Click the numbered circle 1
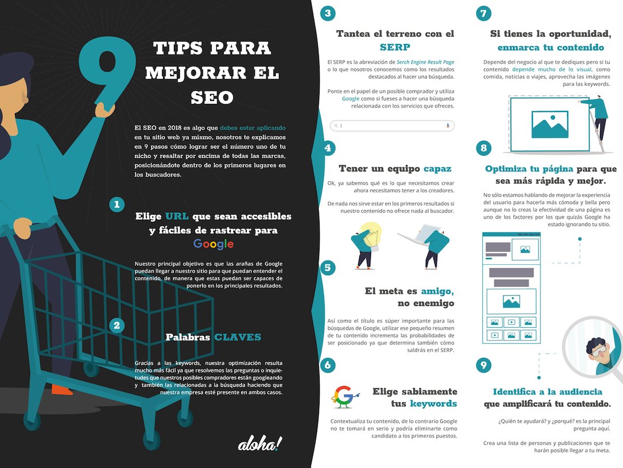(x=117, y=204)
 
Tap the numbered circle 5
(x=328, y=268)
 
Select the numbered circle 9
(x=483, y=365)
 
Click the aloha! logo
(x=260, y=443)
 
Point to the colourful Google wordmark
(x=213, y=244)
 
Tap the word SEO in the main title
(x=212, y=98)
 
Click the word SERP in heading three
(x=395, y=47)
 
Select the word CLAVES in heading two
(x=238, y=337)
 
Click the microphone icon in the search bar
(x=448, y=126)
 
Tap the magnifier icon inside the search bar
(x=336, y=126)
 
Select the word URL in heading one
(x=177, y=216)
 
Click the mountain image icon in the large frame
(x=550, y=125)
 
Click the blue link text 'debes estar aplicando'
(x=253, y=128)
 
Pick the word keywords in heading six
(x=433, y=403)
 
